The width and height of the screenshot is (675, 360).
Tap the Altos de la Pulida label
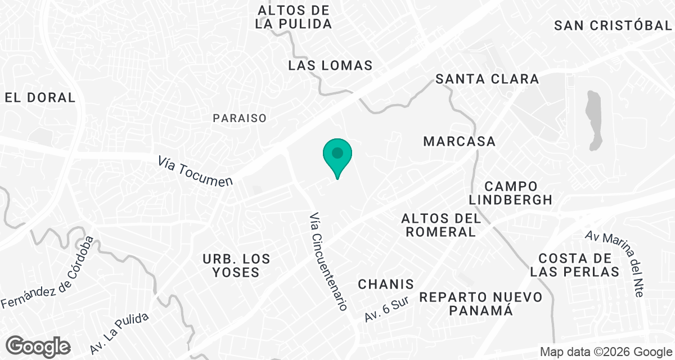point(293,17)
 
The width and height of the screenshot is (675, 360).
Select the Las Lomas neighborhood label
point(330,65)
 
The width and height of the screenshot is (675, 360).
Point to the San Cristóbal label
point(614,25)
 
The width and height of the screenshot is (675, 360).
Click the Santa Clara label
point(487,79)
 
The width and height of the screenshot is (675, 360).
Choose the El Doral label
point(40,97)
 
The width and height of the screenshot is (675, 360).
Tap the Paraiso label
point(239,118)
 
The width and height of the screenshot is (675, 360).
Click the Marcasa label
point(459,141)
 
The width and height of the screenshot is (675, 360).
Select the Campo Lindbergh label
point(511,192)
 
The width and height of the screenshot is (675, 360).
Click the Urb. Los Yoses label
point(236,265)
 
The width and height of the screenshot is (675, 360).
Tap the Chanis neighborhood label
point(386,284)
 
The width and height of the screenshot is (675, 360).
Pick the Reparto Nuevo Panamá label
point(481,303)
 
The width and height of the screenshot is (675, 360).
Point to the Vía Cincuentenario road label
point(327,262)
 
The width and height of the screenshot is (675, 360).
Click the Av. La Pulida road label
point(119,333)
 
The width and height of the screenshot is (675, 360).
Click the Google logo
point(38,346)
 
